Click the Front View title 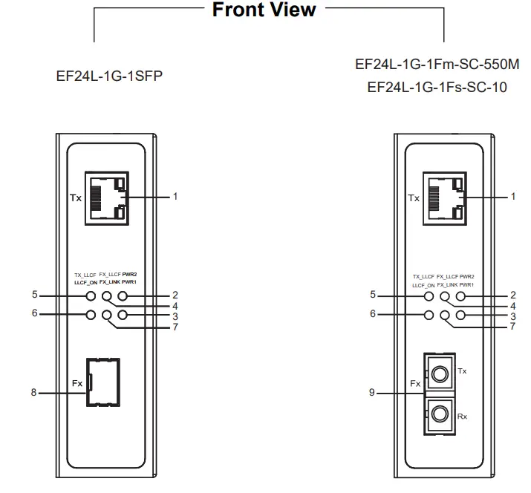pyautogui.click(x=264, y=10)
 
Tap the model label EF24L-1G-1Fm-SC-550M pyautogui.click(x=437, y=64)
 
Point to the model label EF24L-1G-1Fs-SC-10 pyautogui.click(x=437, y=87)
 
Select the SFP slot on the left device pyautogui.click(x=103, y=382)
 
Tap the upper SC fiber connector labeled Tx pyautogui.click(x=440, y=371)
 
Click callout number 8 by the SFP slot pyautogui.click(x=33, y=392)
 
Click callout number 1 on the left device pyautogui.click(x=175, y=197)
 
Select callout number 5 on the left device pyautogui.click(x=34, y=295)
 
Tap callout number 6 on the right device pyautogui.click(x=372, y=314)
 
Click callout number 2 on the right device pyautogui.click(x=512, y=295)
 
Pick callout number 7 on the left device pyautogui.click(x=175, y=327)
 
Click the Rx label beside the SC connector pyautogui.click(x=463, y=417)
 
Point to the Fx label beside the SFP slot pyautogui.click(x=78, y=383)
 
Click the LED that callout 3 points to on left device pyautogui.click(x=123, y=315)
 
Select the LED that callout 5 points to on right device pyautogui.click(x=429, y=296)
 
